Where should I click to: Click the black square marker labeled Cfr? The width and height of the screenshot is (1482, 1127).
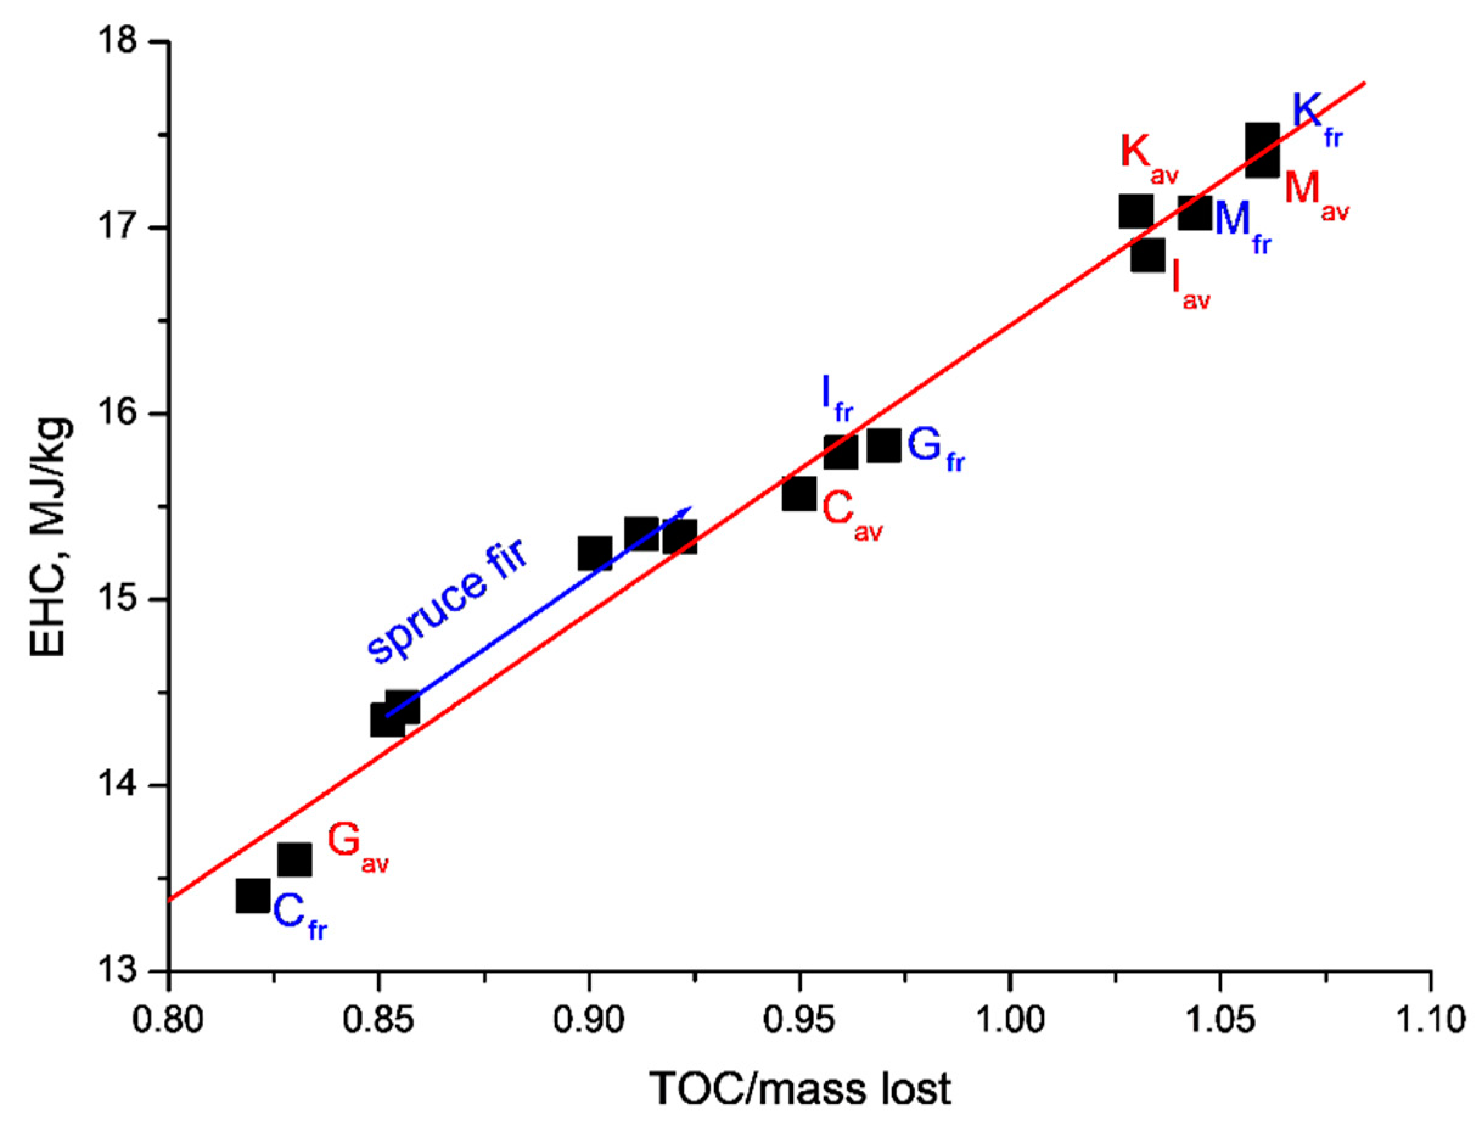(x=253, y=897)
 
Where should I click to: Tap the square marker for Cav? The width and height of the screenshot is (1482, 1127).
(x=799, y=494)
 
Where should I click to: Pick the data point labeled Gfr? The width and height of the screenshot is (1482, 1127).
(x=883, y=446)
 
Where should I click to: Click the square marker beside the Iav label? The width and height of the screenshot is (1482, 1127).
(x=1148, y=255)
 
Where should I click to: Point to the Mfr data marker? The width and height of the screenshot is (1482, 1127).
(x=1195, y=213)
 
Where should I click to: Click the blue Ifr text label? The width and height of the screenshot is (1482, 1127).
(x=836, y=398)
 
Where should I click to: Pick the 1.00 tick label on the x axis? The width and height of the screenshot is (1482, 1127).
(x=1009, y=1019)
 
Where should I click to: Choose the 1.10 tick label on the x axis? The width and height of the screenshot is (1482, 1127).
(x=1430, y=1019)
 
